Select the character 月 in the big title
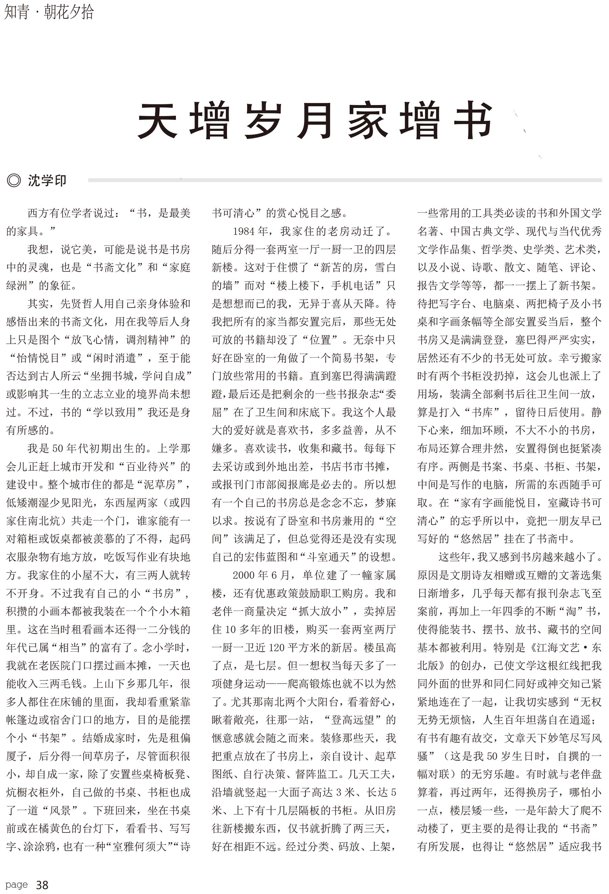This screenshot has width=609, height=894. click(315, 120)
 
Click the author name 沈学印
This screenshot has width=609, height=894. click(47, 180)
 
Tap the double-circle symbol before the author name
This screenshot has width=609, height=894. click(14, 180)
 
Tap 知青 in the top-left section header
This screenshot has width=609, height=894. click(17, 12)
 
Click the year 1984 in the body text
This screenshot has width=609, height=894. click(244, 231)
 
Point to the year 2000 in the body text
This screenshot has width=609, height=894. click(244, 575)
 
